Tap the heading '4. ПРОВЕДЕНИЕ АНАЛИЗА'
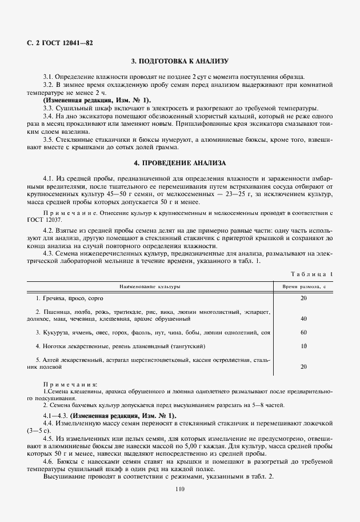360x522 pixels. [179, 163]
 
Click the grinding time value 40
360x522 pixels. [303, 318]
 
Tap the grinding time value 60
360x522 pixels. [303, 332]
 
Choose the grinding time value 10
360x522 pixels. [303, 346]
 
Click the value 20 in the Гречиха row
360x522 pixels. [303, 298]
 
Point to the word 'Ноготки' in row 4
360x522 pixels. [52, 346]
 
